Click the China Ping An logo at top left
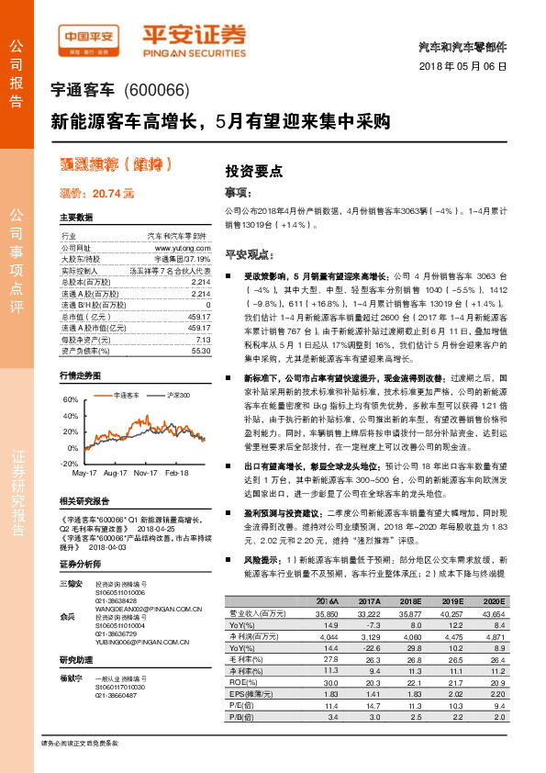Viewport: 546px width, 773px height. (89, 38)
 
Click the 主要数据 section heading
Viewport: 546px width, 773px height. (76, 218)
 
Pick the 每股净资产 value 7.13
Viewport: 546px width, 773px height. (202, 339)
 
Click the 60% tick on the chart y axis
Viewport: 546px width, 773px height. (70, 401)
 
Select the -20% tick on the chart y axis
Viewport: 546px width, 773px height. (69, 464)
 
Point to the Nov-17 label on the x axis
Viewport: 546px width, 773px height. (146, 473)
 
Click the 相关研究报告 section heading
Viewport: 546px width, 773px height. (84, 501)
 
